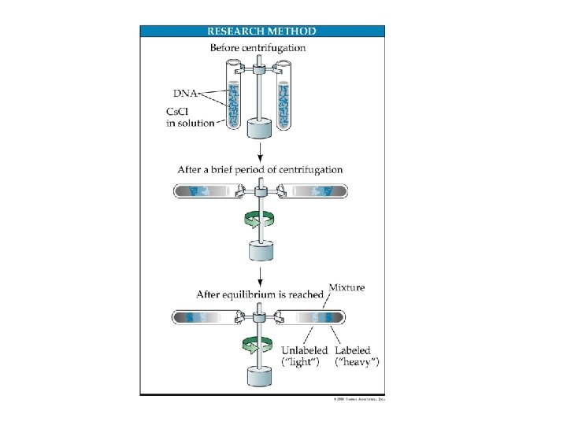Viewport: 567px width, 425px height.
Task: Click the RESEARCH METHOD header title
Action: tap(261, 31)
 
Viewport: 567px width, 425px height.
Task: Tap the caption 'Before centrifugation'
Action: tap(258, 48)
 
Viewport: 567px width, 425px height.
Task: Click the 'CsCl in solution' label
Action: tap(190, 118)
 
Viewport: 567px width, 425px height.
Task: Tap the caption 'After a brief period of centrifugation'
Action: tap(260, 169)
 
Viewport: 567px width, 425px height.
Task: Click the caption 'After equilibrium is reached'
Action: tap(260, 295)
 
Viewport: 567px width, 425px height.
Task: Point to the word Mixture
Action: tap(346, 287)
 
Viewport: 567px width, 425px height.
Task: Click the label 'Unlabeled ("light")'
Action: tap(304, 356)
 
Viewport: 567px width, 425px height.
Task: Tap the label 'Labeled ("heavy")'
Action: tap(357, 356)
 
